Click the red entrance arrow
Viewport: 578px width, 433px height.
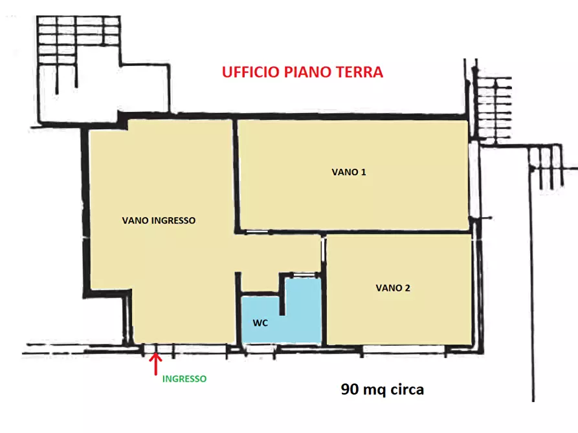pos(155,363)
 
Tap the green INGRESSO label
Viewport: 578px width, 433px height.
pos(184,379)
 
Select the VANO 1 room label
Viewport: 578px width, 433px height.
pos(349,173)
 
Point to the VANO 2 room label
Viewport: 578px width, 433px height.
pos(393,288)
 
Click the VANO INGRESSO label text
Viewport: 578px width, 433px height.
pos(159,220)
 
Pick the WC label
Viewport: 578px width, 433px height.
pos(260,322)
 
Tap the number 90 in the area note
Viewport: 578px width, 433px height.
pos(350,390)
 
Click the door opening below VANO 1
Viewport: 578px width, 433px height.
pos(250,232)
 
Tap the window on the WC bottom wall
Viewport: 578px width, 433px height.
pos(259,349)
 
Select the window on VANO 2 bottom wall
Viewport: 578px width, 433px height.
pos(401,350)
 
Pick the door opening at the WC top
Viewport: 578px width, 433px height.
pos(301,276)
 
